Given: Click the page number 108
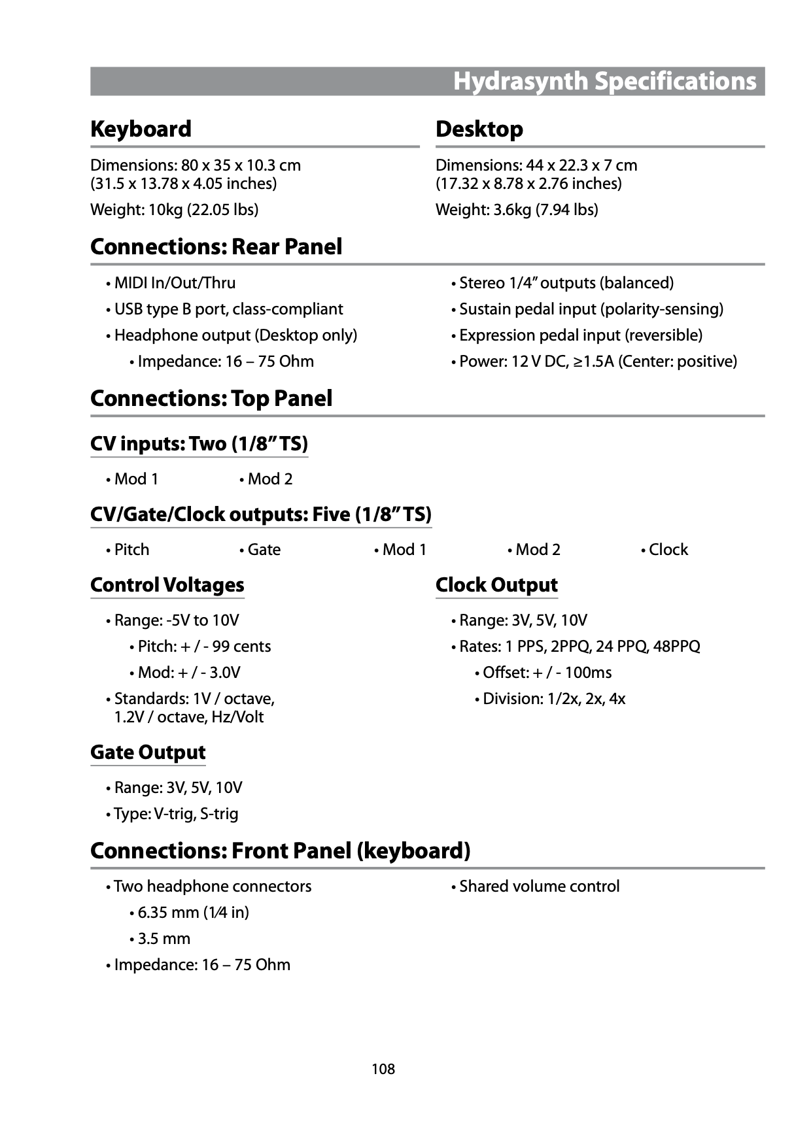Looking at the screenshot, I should click(x=383, y=1069).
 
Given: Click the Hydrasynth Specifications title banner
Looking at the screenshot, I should click(x=604, y=82).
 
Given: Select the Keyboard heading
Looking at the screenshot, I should click(x=141, y=129).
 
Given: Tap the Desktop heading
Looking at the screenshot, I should click(x=479, y=129).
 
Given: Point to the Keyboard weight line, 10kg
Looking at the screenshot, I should click(x=174, y=210).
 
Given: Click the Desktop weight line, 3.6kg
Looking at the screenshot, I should click(x=517, y=210).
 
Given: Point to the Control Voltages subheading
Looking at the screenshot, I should click(x=167, y=585).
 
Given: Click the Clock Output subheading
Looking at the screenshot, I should click(x=496, y=585).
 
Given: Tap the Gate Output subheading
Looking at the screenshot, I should click(x=148, y=752).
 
